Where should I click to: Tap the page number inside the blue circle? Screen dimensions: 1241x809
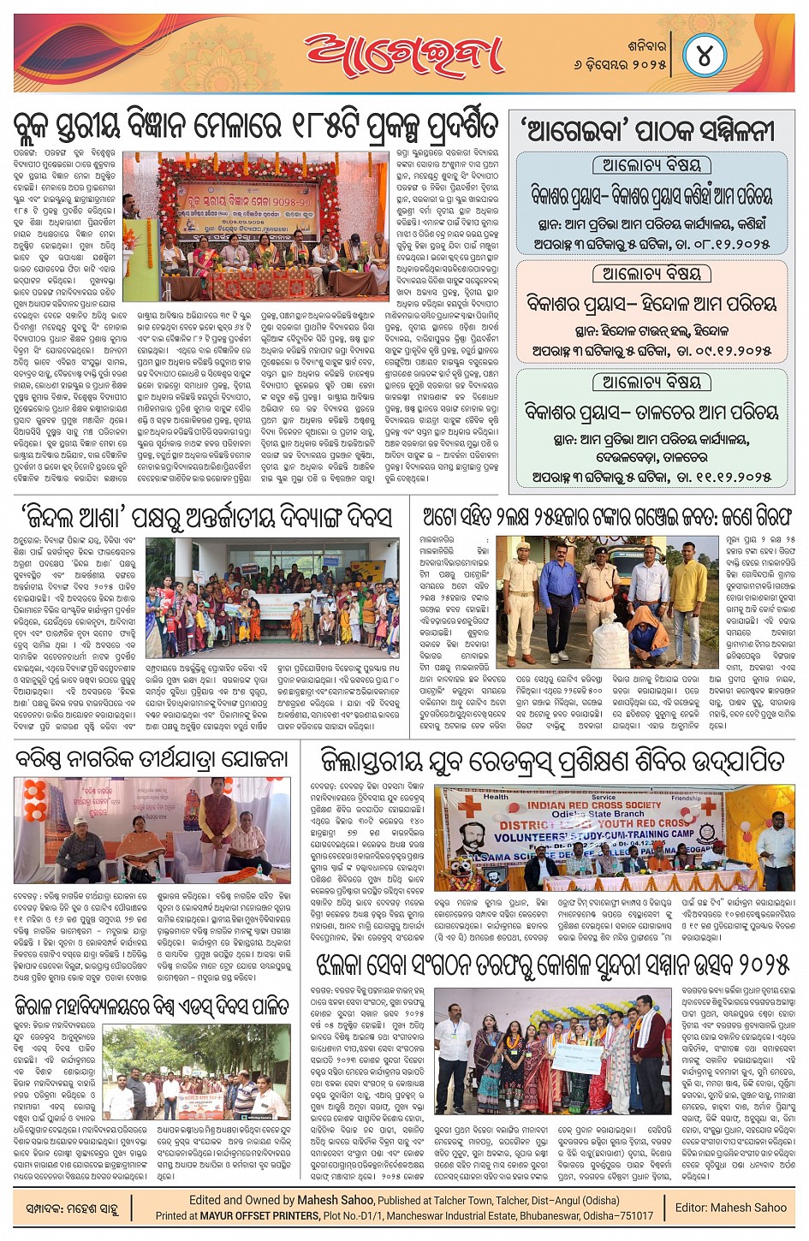point(705,56)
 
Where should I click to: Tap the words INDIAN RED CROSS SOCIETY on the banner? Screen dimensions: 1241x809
point(594,805)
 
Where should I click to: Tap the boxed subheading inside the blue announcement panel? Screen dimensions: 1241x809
point(651,165)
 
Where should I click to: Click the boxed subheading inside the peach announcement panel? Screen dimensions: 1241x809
point(651,274)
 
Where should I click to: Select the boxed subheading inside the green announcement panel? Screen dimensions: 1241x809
point(651,382)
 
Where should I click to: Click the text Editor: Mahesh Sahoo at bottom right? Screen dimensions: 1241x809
point(730,1208)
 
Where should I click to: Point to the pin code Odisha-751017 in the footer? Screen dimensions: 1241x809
point(617,1215)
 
